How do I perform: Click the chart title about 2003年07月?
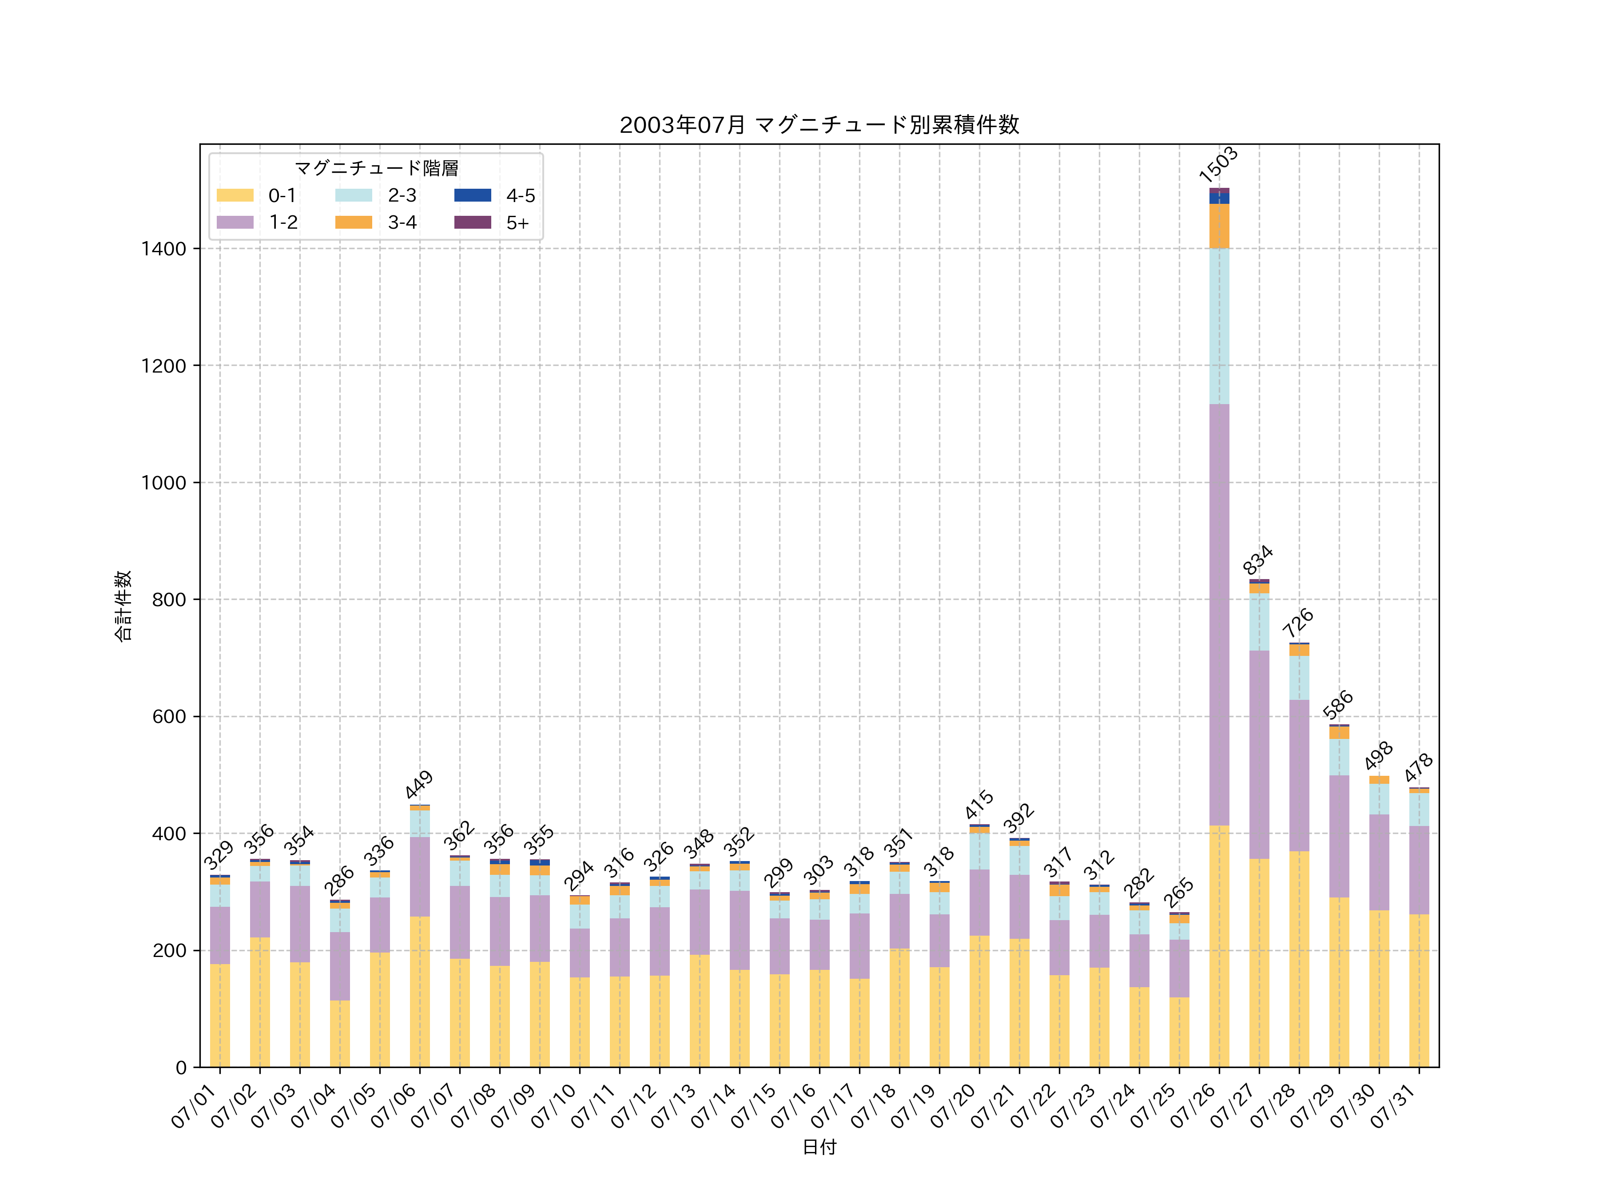[819, 125]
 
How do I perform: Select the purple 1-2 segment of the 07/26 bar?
[1219, 614]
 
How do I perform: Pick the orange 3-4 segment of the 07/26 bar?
[1219, 226]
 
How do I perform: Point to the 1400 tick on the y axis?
[163, 249]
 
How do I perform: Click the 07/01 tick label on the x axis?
[195, 1106]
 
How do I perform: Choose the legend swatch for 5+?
[472, 222]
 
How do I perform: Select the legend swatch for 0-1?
[235, 195]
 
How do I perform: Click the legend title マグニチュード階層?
[376, 168]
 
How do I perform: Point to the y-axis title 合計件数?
[123, 606]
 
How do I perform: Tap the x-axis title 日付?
[819, 1147]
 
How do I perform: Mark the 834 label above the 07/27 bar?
[1258, 560]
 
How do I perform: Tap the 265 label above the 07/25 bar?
[1178, 893]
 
